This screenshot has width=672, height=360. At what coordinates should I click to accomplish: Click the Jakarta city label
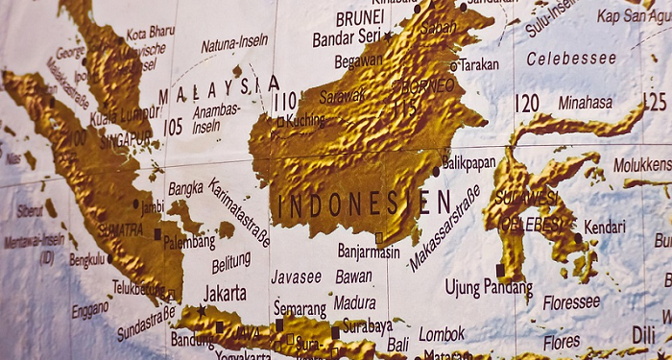[225, 293]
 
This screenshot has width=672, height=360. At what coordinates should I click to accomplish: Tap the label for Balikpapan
[468, 163]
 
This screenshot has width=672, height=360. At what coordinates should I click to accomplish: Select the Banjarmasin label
[368, 252]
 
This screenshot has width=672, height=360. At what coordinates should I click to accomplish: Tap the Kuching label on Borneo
[305, 121]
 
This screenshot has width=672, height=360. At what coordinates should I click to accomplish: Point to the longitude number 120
[526, 103]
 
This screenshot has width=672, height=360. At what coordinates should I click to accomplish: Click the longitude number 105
[173, 126]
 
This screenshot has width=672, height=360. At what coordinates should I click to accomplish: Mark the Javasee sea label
[296, 276]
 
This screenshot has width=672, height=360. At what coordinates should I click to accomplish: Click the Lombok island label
[442, 334]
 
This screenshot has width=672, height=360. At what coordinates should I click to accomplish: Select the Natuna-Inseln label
[233, 43]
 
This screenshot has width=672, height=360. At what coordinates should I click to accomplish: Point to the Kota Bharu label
[150, 32]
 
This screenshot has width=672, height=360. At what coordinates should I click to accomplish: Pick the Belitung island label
[230, 261]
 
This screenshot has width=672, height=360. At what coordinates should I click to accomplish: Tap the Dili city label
[644, 334]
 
